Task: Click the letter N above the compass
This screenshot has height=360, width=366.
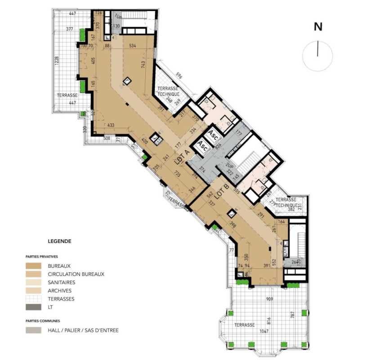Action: pyautogui.click(x=318, y=27)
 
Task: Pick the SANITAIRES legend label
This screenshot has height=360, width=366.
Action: pyautogui.click(x=62, y=282)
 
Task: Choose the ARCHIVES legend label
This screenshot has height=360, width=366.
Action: pyautogui.click(x=59, y=290)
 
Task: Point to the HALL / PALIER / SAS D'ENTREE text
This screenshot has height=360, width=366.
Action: pyautogui.click(x=83, y=330)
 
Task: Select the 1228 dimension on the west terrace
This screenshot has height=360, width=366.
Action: pyautogui.click(x=56, y=61)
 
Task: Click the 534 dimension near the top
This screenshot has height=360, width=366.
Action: pyautogui.click(x=133, y=46)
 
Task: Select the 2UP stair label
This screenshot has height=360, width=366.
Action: pyautogui.click(x=230, y=166)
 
